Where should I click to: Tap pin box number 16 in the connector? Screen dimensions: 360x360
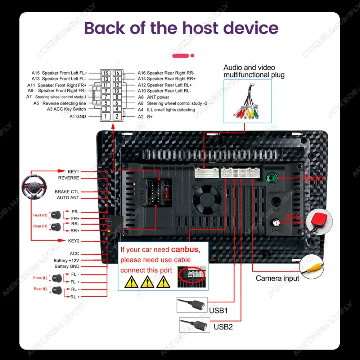point(117,73)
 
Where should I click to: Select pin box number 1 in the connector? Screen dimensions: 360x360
point(105,116)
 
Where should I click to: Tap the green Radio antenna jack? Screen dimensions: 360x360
point(272,177)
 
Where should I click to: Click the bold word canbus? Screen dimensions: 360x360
point(185,249)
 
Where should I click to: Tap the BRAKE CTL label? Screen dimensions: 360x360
point(67,192)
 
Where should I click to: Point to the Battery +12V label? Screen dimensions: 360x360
point(67,260)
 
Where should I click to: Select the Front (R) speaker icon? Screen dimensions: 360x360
point(56,215)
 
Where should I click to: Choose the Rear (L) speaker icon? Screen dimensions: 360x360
point(56,290)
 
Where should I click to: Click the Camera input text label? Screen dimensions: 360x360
point(277,278)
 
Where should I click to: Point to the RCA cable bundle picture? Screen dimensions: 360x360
point(248,102)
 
